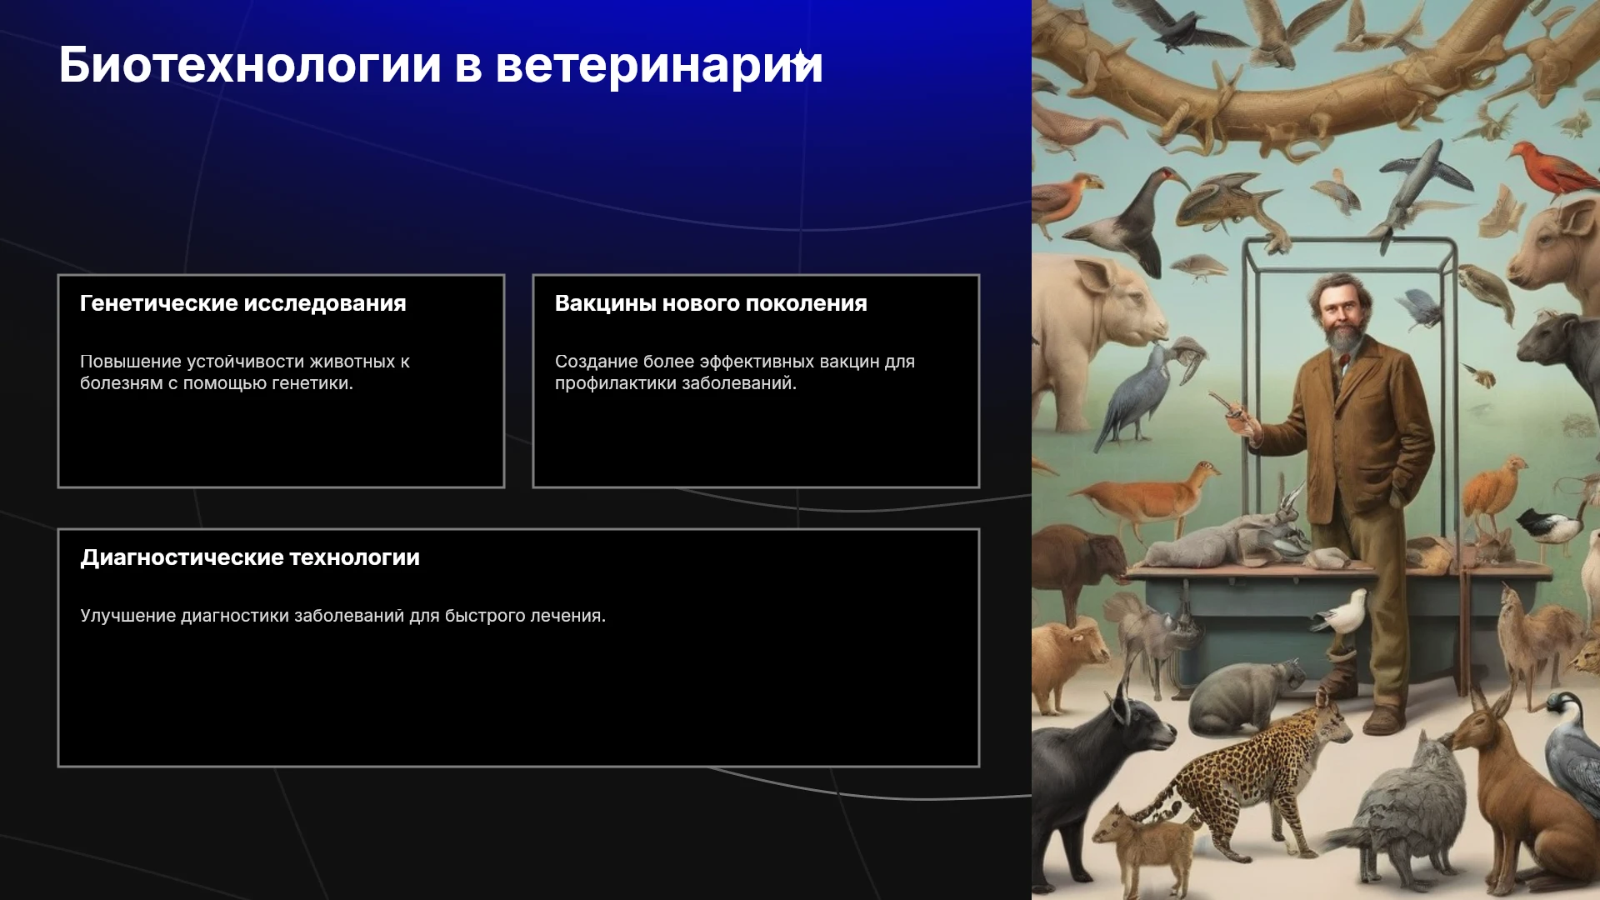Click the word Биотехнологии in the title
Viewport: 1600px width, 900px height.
pos(250,65)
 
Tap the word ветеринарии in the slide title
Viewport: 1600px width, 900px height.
pos(659,65)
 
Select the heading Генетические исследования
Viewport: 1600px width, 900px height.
pos(243,303)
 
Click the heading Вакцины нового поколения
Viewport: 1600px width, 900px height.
pos(711,303)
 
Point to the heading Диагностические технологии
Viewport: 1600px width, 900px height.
pos(250,557)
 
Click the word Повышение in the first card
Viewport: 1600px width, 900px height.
pos(131,362)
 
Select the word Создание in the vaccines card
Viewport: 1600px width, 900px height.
pos(596,362)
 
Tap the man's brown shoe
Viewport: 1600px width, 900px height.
pos(1385,718)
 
